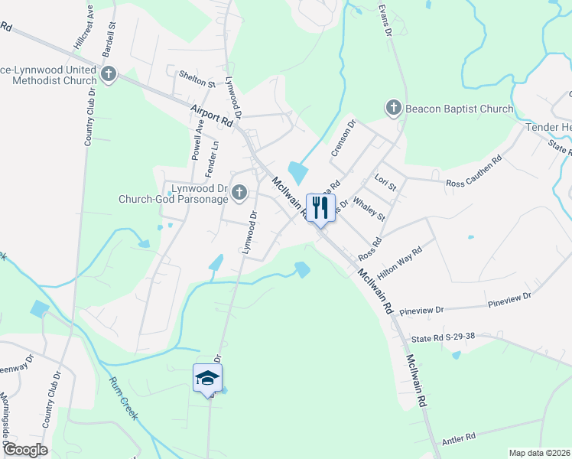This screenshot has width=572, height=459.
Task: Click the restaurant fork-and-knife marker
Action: click(x=320, y=207)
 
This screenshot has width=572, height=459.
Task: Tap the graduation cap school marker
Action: click(x=207, y=378)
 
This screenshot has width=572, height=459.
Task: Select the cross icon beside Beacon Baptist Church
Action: click(x=394, y=108)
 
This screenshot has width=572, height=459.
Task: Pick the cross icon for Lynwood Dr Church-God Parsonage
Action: click(x=239, y=193)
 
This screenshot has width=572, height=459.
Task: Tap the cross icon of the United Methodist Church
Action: click(x=109, y=74)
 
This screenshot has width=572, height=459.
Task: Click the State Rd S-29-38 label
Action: click(x=444, y=337)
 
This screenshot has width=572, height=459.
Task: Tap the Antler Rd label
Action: click(x=459, y=436)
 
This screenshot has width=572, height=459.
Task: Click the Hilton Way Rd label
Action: click(x=406, y=262)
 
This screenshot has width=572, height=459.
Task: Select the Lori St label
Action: click(x=385, y=182)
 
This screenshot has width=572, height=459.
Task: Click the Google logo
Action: click(x=24, y=450)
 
